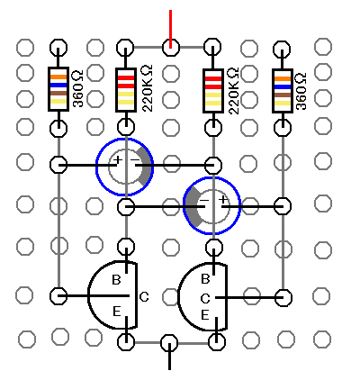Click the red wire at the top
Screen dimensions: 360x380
coord(170,29)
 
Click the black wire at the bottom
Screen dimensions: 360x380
coord(169,357)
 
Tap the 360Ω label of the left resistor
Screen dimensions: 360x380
coord(77,89)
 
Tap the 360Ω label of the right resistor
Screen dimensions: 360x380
coord(301,91)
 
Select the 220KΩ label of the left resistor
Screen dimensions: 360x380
coord(148,89)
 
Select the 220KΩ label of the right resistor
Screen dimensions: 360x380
coord(234,91)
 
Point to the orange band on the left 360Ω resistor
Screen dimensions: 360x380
coord(58,77)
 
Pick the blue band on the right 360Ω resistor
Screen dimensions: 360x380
coord(283,87)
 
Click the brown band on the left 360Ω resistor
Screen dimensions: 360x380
coord(58,93)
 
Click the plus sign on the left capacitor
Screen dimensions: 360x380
coord(118,159)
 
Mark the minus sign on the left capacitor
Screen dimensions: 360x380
coord(135,159)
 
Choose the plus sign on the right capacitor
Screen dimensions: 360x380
coord(222,199)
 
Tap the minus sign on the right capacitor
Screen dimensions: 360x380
coord(204,200)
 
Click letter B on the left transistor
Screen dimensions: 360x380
coord(116,280)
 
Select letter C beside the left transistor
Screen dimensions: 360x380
coord(144,297)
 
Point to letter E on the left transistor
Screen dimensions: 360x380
coord(117,312)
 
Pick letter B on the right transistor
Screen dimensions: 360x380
coord(205,279)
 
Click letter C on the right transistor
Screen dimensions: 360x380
coord(205,299)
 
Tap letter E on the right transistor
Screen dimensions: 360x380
coord(205,315)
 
